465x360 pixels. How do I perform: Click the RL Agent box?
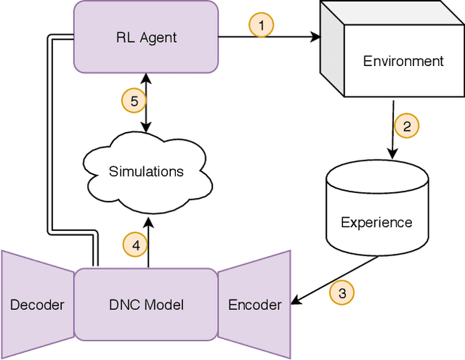[x=146, y=36]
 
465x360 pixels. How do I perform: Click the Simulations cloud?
[x=146, y=171]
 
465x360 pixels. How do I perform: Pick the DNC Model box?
[x=146, y=305]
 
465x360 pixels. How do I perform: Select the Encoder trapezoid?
[x=254, y=305]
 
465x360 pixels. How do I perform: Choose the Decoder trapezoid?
[x=36, y=305]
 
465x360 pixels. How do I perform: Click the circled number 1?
[x=261, y=25]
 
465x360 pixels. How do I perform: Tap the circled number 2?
[x=407, y=126]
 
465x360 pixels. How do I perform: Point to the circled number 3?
[x=341, y=292]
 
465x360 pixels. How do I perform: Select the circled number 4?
[x=134, y=245]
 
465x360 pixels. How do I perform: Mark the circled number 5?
[x=134, y=101]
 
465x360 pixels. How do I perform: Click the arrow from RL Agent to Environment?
[x=291, y=36]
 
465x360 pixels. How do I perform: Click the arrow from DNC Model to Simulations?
[x=147, y=240]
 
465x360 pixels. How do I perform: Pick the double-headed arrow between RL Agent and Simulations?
[x=147, y=102]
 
